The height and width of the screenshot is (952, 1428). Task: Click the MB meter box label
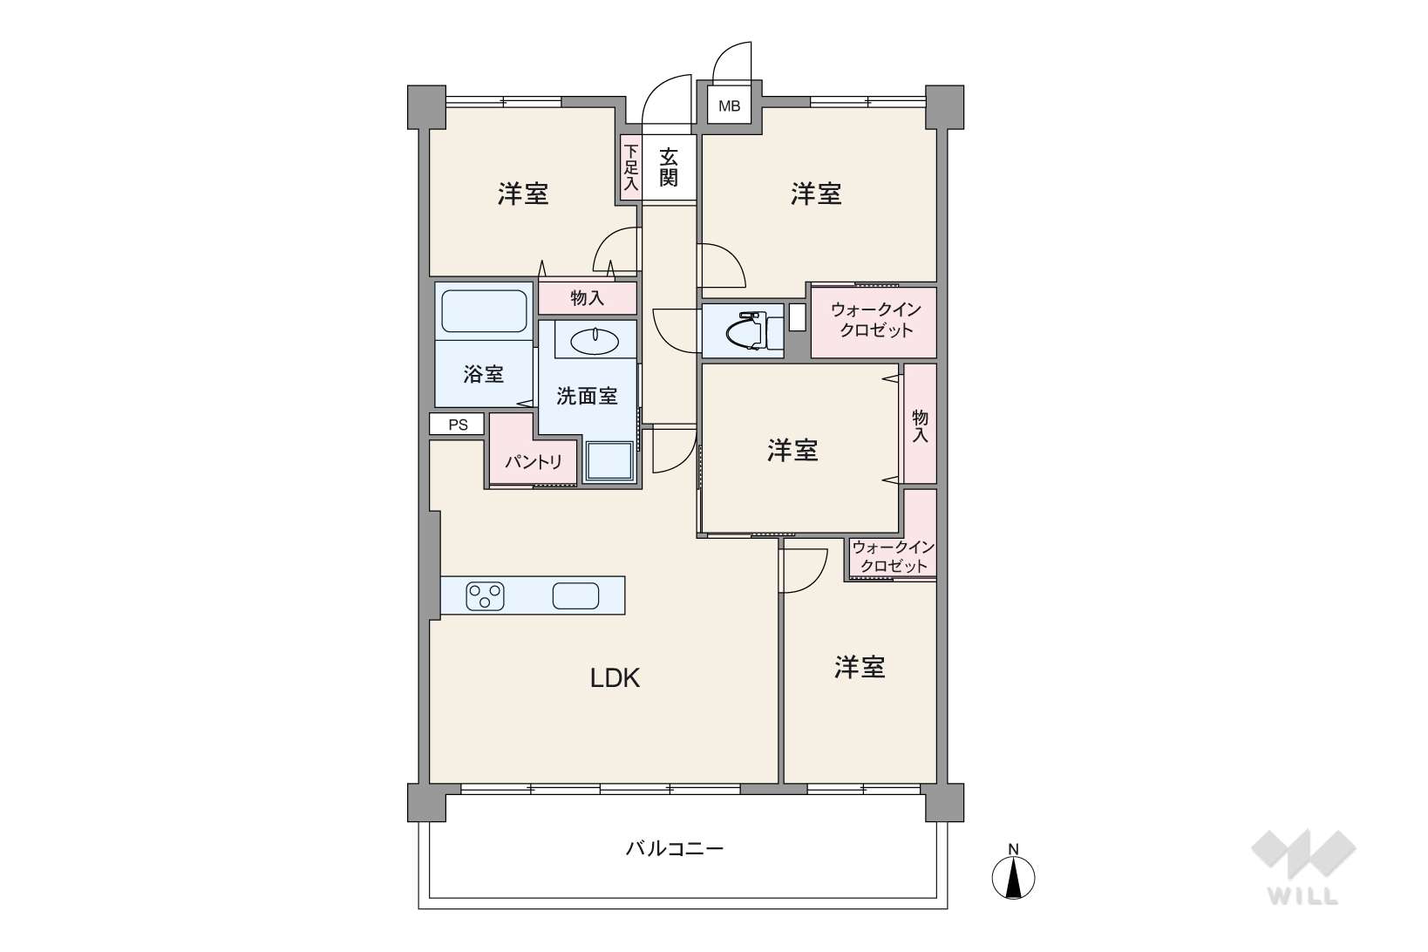pos(730,106)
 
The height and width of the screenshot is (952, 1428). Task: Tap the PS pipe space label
pos(458,425)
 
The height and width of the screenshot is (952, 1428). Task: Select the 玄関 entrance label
pos(668,167)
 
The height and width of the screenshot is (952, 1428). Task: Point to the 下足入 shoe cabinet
pos(630,167)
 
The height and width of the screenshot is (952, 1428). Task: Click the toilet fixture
pos(753,330)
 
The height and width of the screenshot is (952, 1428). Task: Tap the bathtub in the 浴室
pos(485,311)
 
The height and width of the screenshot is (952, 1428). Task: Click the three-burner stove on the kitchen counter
pos(485,596)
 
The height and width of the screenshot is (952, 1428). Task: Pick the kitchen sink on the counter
pos(575,596)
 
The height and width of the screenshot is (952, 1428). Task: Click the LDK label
pos(615,678)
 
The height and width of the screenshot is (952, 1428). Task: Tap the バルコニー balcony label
pos(675,849)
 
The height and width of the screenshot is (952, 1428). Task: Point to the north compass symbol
pos(1013,873)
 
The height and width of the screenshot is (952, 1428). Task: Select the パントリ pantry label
pos(534,462)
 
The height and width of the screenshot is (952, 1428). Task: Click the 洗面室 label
pos(587,396)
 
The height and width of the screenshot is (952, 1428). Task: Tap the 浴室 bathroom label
pos(483,374)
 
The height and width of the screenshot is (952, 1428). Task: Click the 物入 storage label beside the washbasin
pos(587,298)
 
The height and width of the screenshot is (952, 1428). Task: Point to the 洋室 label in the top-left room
pos(523,194)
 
